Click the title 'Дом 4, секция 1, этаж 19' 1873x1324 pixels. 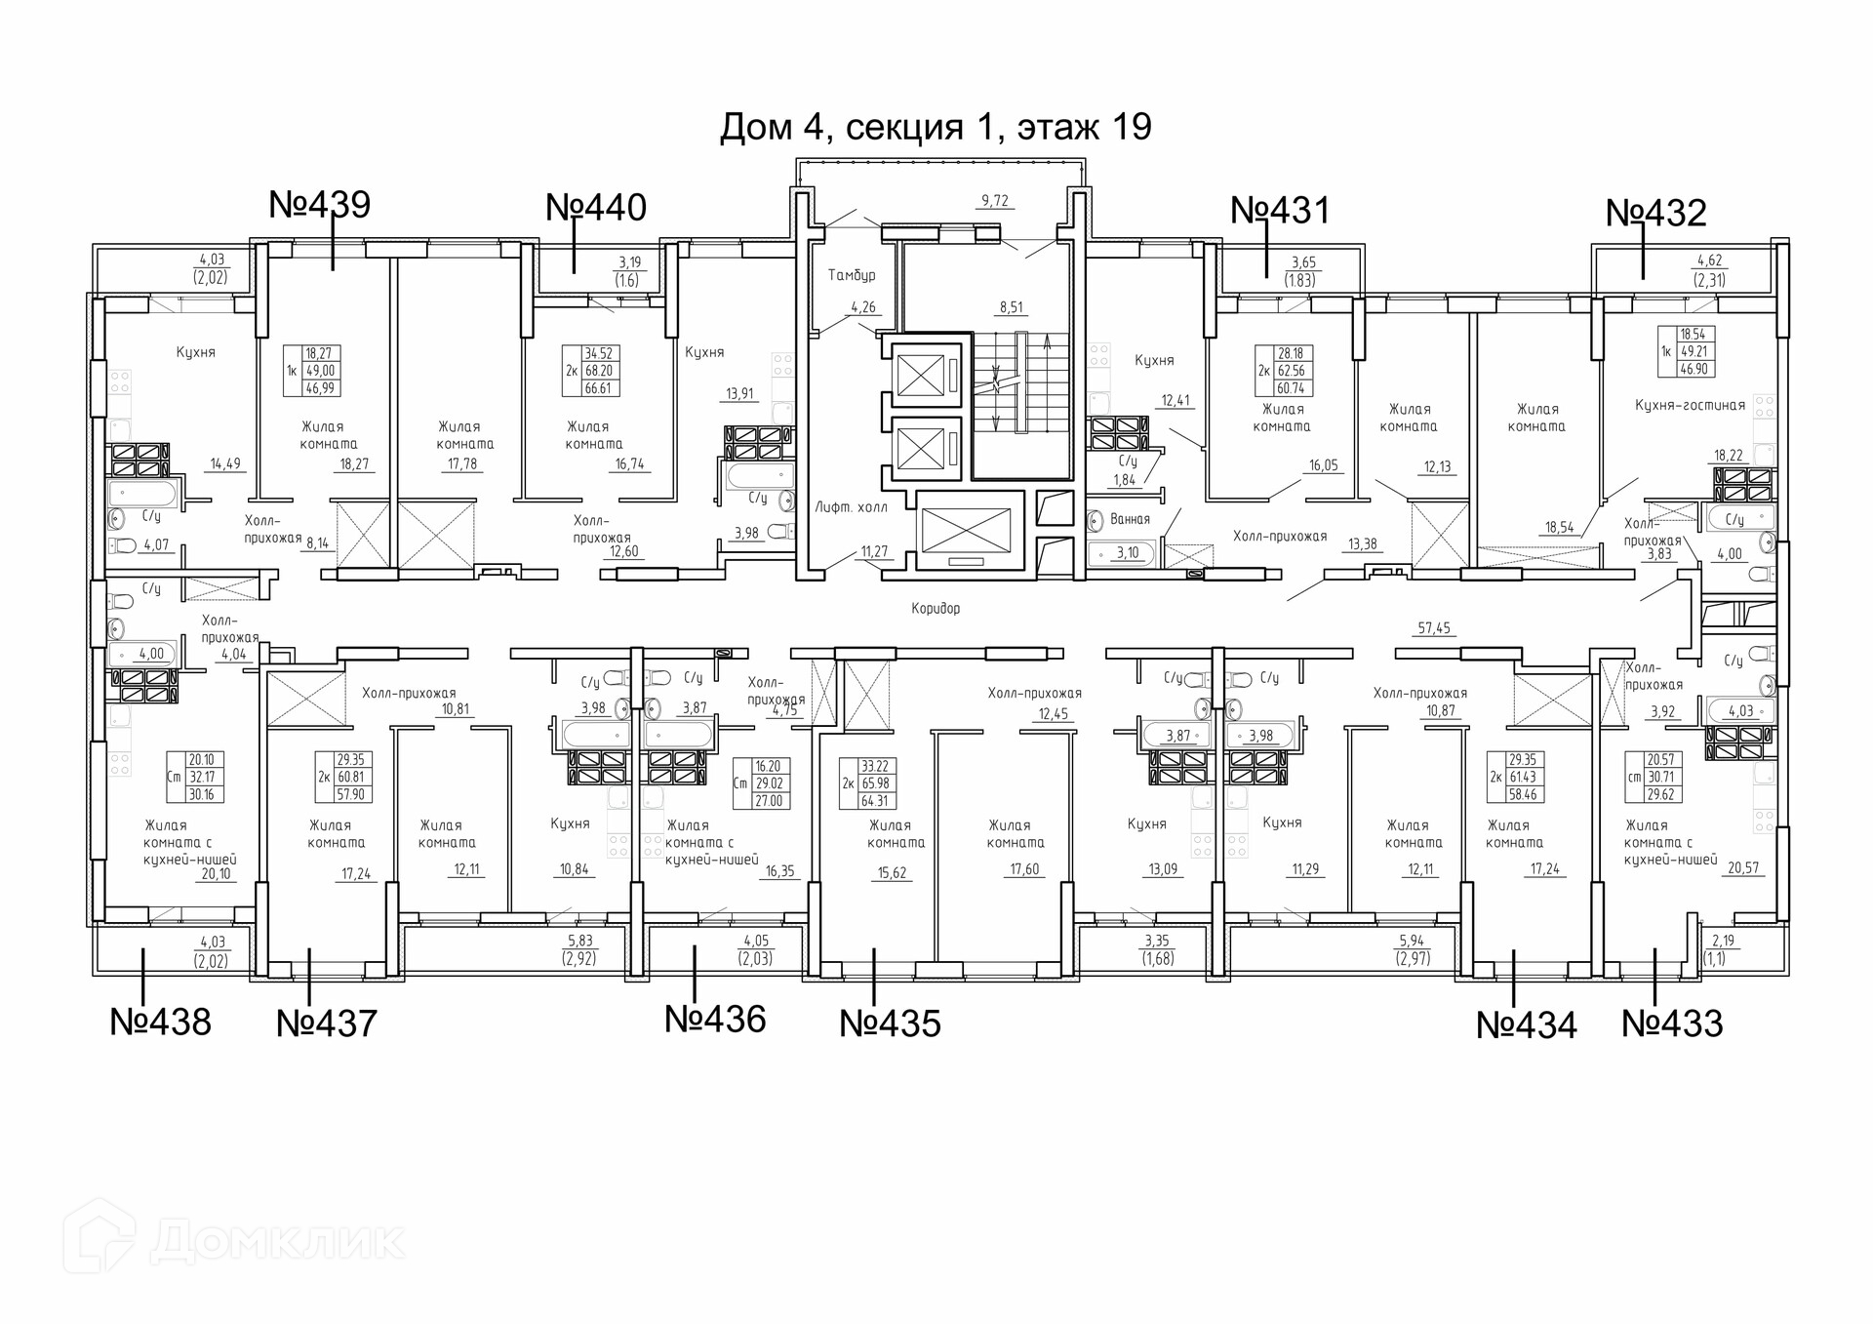[x=936, y=128]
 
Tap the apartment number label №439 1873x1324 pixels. [x=319, y=205]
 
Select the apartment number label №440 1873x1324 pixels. [x=596, y=208]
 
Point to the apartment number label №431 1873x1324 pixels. [x=1280, y=211]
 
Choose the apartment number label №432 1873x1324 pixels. [x=1656, y=214]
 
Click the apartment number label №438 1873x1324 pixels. [x=160, y=1022]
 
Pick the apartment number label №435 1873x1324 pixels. [x=891, y=1023]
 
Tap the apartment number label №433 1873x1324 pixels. [x=1672, y=1023]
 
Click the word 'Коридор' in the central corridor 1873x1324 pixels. [x=936, y=609]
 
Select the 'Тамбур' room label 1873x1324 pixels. [x=852, y=276]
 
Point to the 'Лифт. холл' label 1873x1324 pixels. [x=852, y=507]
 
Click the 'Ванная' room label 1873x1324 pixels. [x=1130, y=520]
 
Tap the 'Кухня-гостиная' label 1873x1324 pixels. [x=1690, y=406]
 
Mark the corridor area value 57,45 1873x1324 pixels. [x=1434, y=629]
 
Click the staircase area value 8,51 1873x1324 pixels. [x=1011, y=307]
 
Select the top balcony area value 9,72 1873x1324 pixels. [x=995, y=201]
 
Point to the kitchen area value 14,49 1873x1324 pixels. [x=225, y=464]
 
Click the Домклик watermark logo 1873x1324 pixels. [x=234, y=1240]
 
